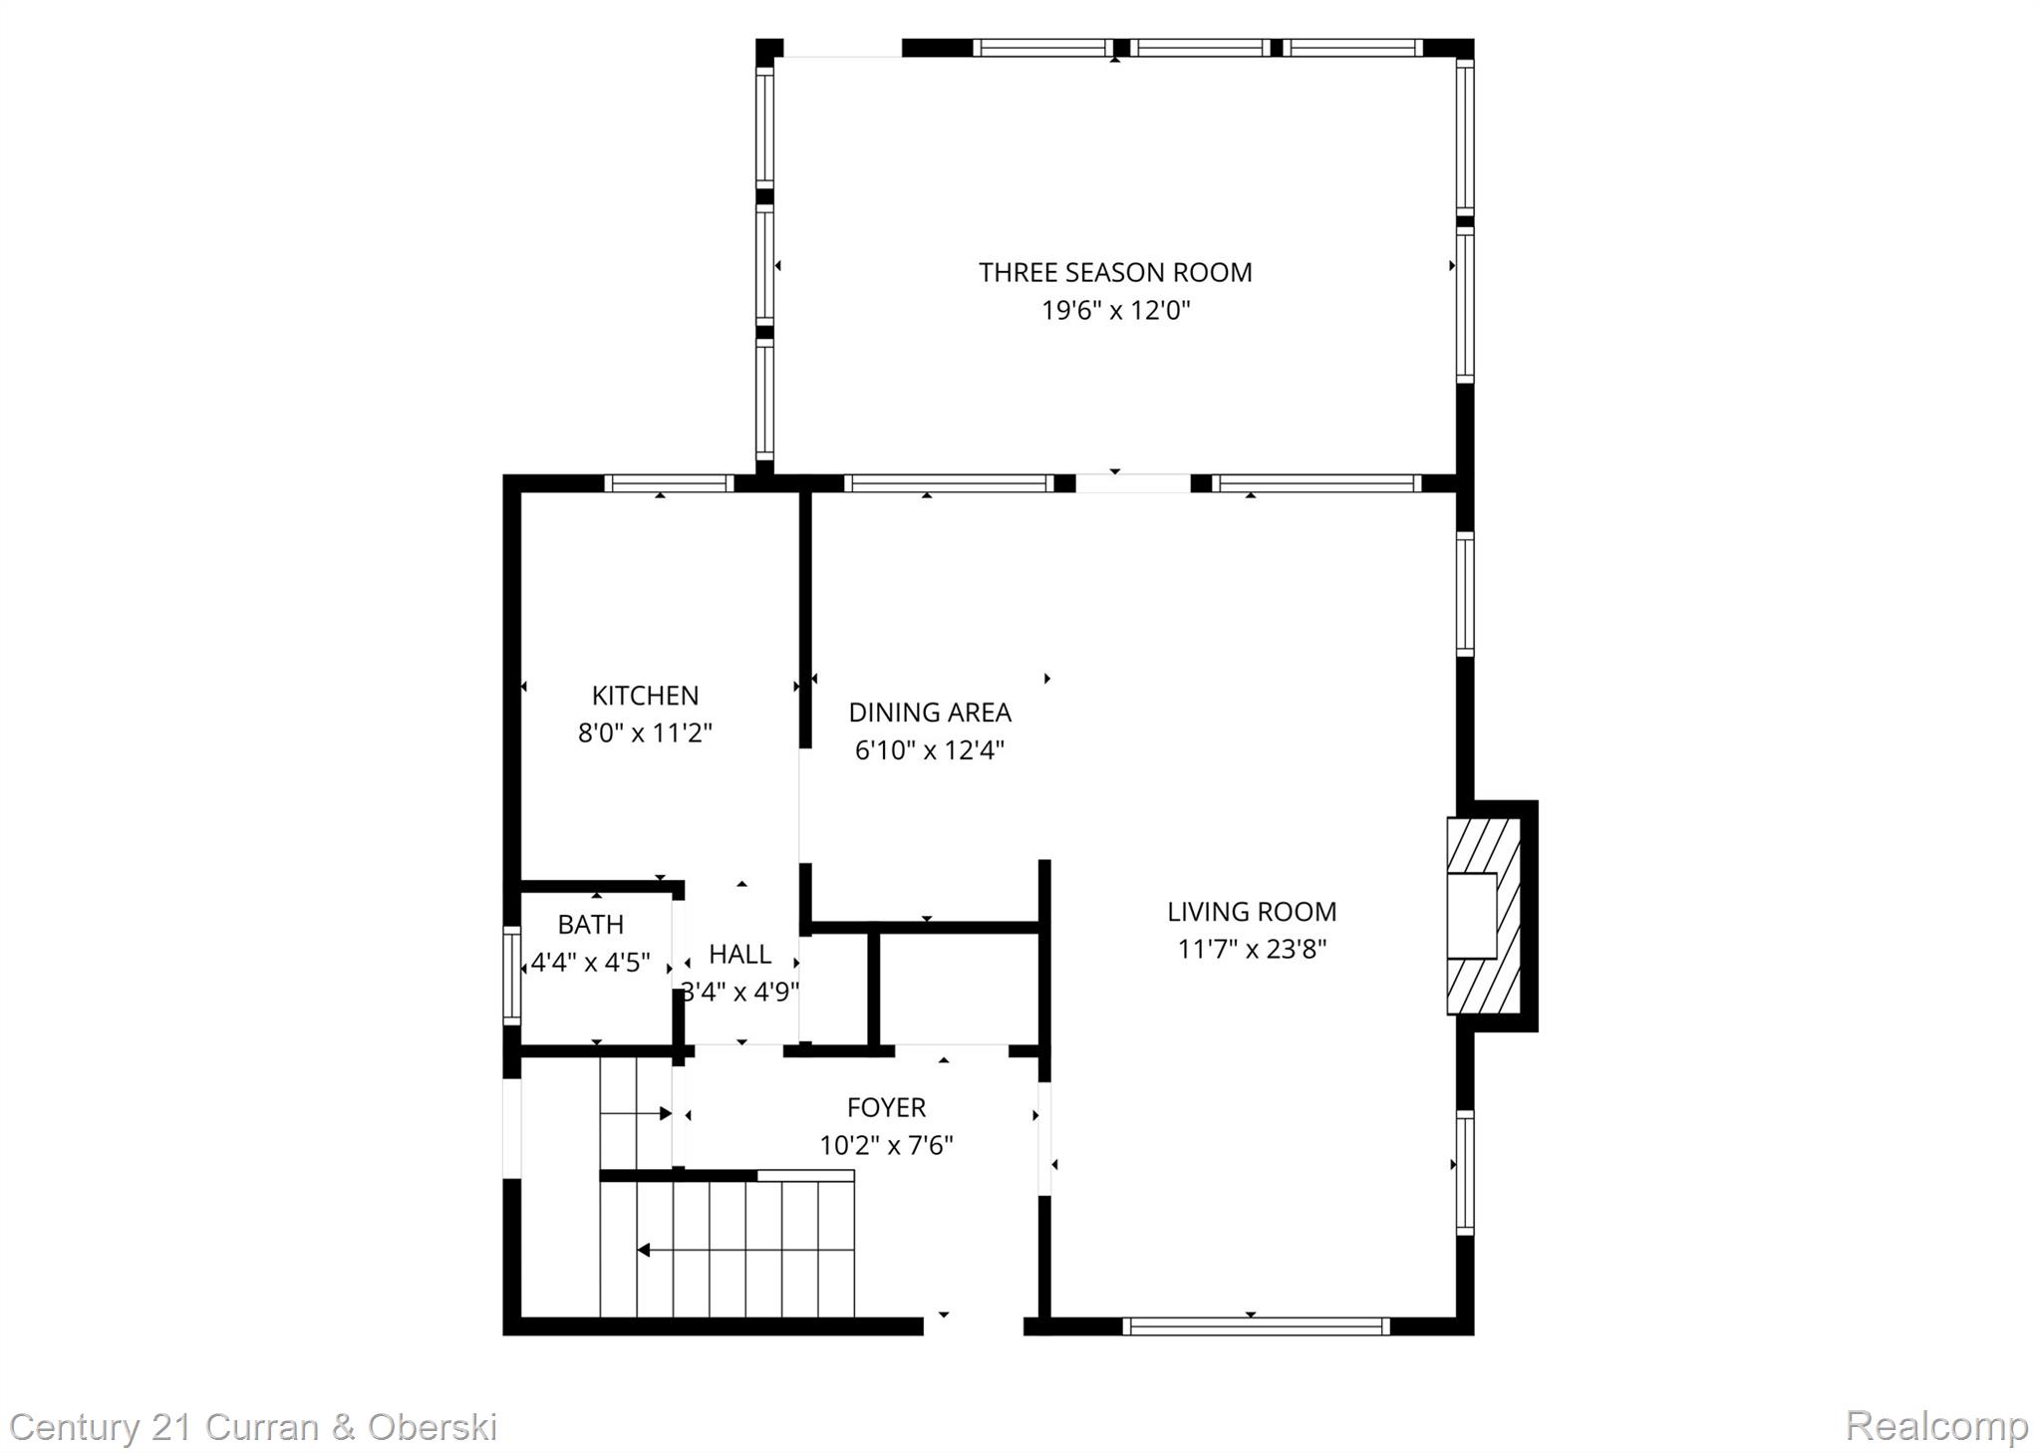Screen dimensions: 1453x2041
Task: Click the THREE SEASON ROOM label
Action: point(1114,272)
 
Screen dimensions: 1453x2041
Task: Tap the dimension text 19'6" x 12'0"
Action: point(1115,311)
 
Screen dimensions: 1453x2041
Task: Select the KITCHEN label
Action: point(645,696)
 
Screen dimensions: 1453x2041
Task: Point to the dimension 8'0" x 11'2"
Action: point(645,733)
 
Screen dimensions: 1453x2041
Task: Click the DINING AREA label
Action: point(929,713)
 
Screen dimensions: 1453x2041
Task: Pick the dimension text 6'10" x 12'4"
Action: point(929,750)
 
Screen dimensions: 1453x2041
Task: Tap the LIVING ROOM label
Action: point(1252,912)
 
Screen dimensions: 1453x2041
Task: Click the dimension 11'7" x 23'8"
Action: point(1252,949)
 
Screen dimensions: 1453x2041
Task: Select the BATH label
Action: point(591,925)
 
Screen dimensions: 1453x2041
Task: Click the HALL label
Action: point(739,955)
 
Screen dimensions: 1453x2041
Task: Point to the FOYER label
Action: point(886,1107)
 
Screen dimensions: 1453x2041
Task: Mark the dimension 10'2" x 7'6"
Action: point(886,1145)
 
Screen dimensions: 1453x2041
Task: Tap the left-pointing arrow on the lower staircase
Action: point(644,1250)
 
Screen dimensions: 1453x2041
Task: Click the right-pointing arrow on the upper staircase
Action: point(665,1113)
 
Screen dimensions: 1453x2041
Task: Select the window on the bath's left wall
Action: point(511,975)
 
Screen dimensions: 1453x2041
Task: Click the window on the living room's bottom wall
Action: point(1256,1326)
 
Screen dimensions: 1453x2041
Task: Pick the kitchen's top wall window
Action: point(669,483)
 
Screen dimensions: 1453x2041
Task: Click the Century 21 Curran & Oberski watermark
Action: point(253,1427)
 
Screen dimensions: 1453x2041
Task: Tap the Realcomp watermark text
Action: point(1935,1426)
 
